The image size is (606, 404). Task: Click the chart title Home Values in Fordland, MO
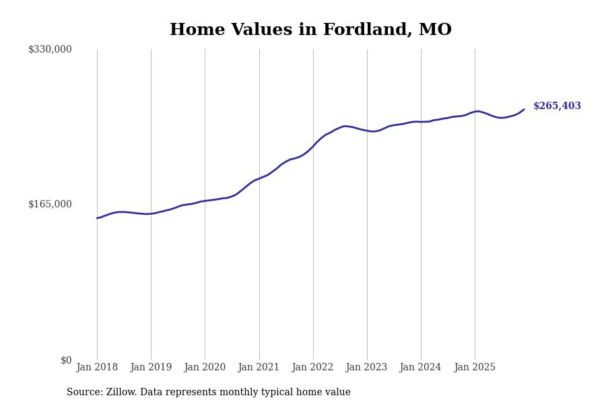[x=310, y=30]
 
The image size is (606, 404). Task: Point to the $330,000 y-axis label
[x=50, y=49]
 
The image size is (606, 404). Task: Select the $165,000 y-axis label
[x=50, y=204]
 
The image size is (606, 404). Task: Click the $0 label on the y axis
[x=66, y=360]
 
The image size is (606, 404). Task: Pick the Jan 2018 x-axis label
[x=97, y=368]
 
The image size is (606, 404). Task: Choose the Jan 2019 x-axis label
[x=151, y=368]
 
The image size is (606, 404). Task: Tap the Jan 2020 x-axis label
[x=205, y=368]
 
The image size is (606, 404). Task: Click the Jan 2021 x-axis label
[x=259, y=368]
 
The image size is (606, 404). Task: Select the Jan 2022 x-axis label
[x=313, y=368]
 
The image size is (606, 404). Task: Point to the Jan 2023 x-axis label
[x=367, y=368]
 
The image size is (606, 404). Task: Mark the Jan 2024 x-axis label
[x=421, y=368]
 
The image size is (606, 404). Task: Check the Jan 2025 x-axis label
[x=475, y=368]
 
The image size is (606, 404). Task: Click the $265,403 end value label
[x=557, y=106]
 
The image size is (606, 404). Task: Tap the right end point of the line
[x=524, y=109]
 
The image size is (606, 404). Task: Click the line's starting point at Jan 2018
[x=97, y=218]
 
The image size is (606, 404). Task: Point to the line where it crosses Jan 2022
[x=313, y=145]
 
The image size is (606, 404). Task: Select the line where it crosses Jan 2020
[x=205, y=201]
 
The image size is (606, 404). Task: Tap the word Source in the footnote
[x=83, y=393]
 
